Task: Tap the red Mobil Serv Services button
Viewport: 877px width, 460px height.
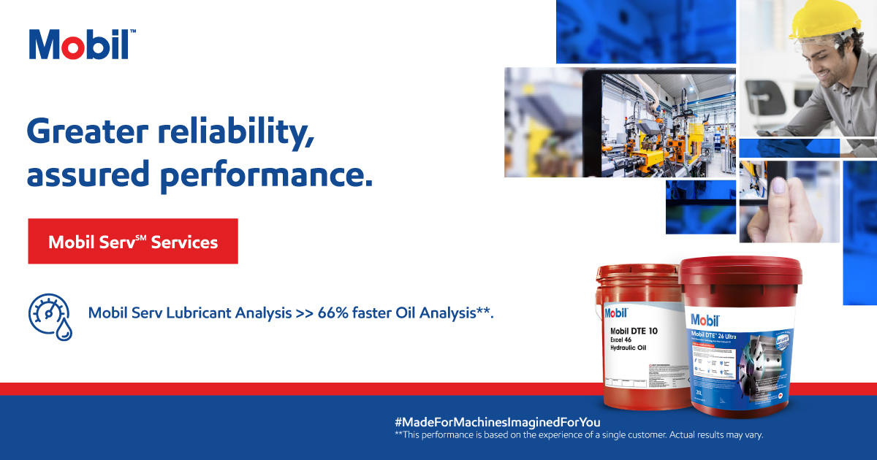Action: pyautogui.click(x=133, y=241)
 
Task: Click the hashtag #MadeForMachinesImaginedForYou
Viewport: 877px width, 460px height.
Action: pyautogui.click(x=497, y=422)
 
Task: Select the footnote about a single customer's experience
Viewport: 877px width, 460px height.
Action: pyautogui.click(x=578, y=435)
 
